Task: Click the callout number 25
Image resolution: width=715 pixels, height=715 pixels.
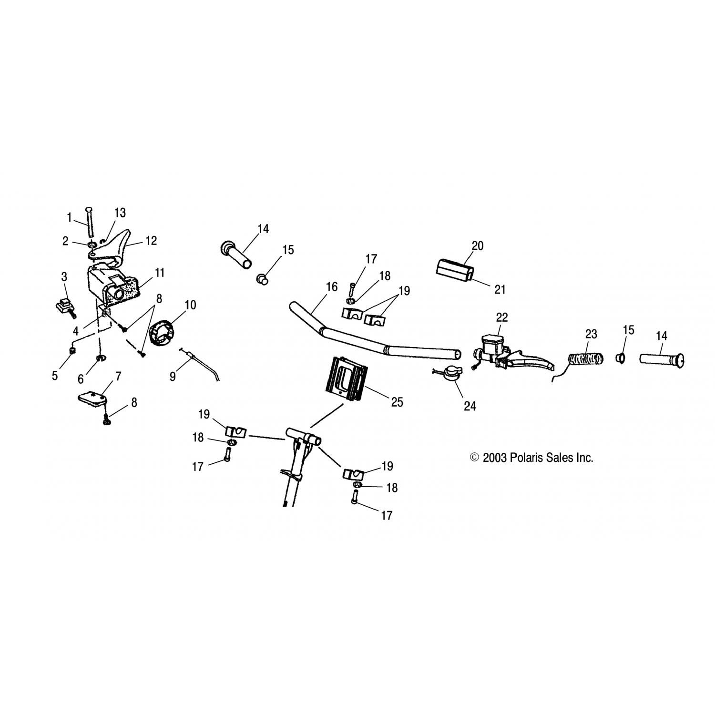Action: click(397, 402)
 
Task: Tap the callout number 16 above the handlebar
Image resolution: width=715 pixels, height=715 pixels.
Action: click(332, 287)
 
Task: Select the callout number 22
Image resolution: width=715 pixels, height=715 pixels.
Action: click(502, 317)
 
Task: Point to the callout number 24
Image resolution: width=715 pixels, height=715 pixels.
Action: click(470, 406)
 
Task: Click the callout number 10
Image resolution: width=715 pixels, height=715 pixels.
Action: click(190, 305)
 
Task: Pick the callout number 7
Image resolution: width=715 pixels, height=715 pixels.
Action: click(118, 377)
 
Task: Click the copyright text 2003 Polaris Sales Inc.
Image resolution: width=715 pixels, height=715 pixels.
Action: click(531, 458)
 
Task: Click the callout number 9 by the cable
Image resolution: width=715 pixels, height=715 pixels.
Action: click(173, 377)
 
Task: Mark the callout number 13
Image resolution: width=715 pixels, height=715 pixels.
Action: click(120, 213)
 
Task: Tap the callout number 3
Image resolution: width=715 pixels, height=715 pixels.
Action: click(64, 276)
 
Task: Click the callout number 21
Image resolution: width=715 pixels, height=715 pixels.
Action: click(500, 290)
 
